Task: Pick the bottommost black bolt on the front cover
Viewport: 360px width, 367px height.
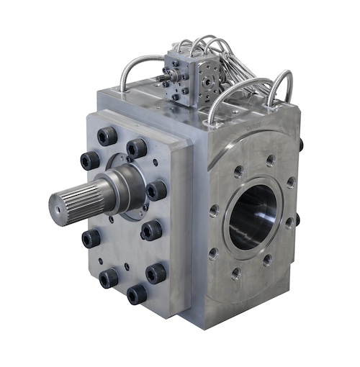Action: (x=136, y=294)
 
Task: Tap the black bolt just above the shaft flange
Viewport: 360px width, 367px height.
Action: (x=136, y=148)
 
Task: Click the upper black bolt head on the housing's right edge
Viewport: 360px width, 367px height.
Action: (x=300, y=145)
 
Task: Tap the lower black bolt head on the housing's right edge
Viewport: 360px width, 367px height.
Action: (x=297, y=219)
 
